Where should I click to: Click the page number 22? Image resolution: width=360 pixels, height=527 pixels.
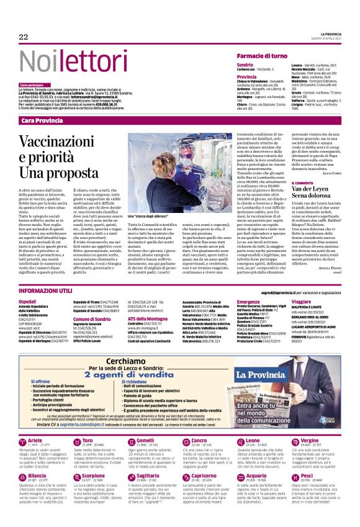coord(24,37)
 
